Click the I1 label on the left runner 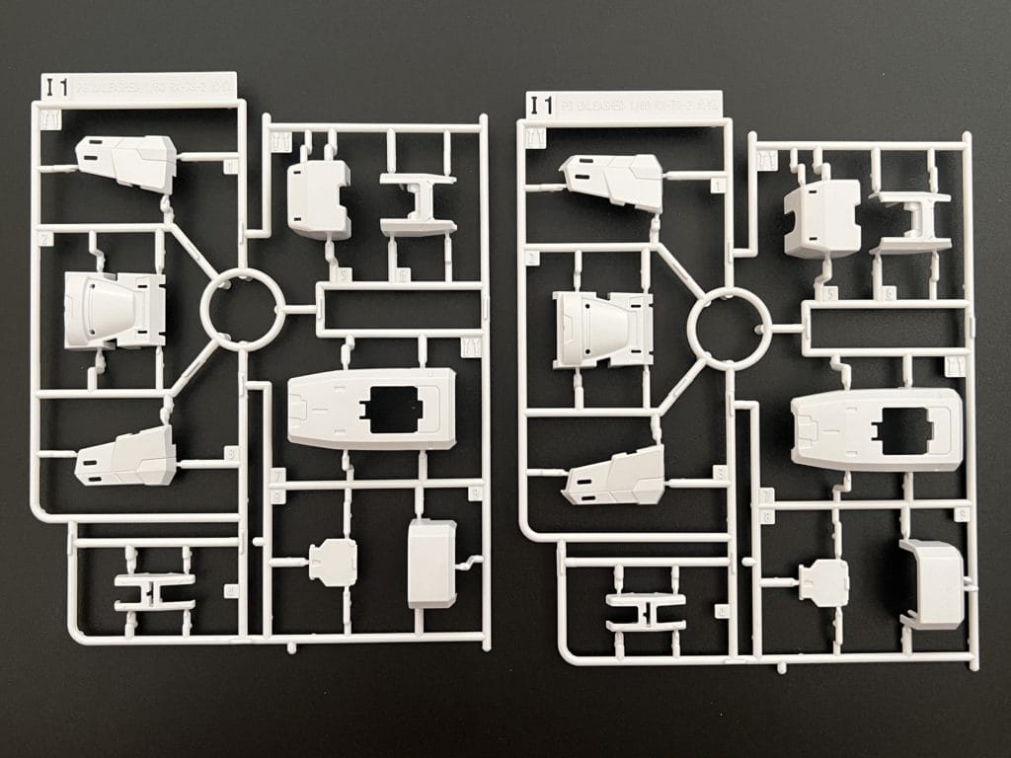point(55,87)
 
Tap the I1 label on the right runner point(540,105)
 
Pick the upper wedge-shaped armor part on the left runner point(127,162)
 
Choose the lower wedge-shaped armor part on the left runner point(127,456)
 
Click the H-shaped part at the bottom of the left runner point(154,591)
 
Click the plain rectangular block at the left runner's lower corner point(432,564)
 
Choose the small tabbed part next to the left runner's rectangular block point(333,562)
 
